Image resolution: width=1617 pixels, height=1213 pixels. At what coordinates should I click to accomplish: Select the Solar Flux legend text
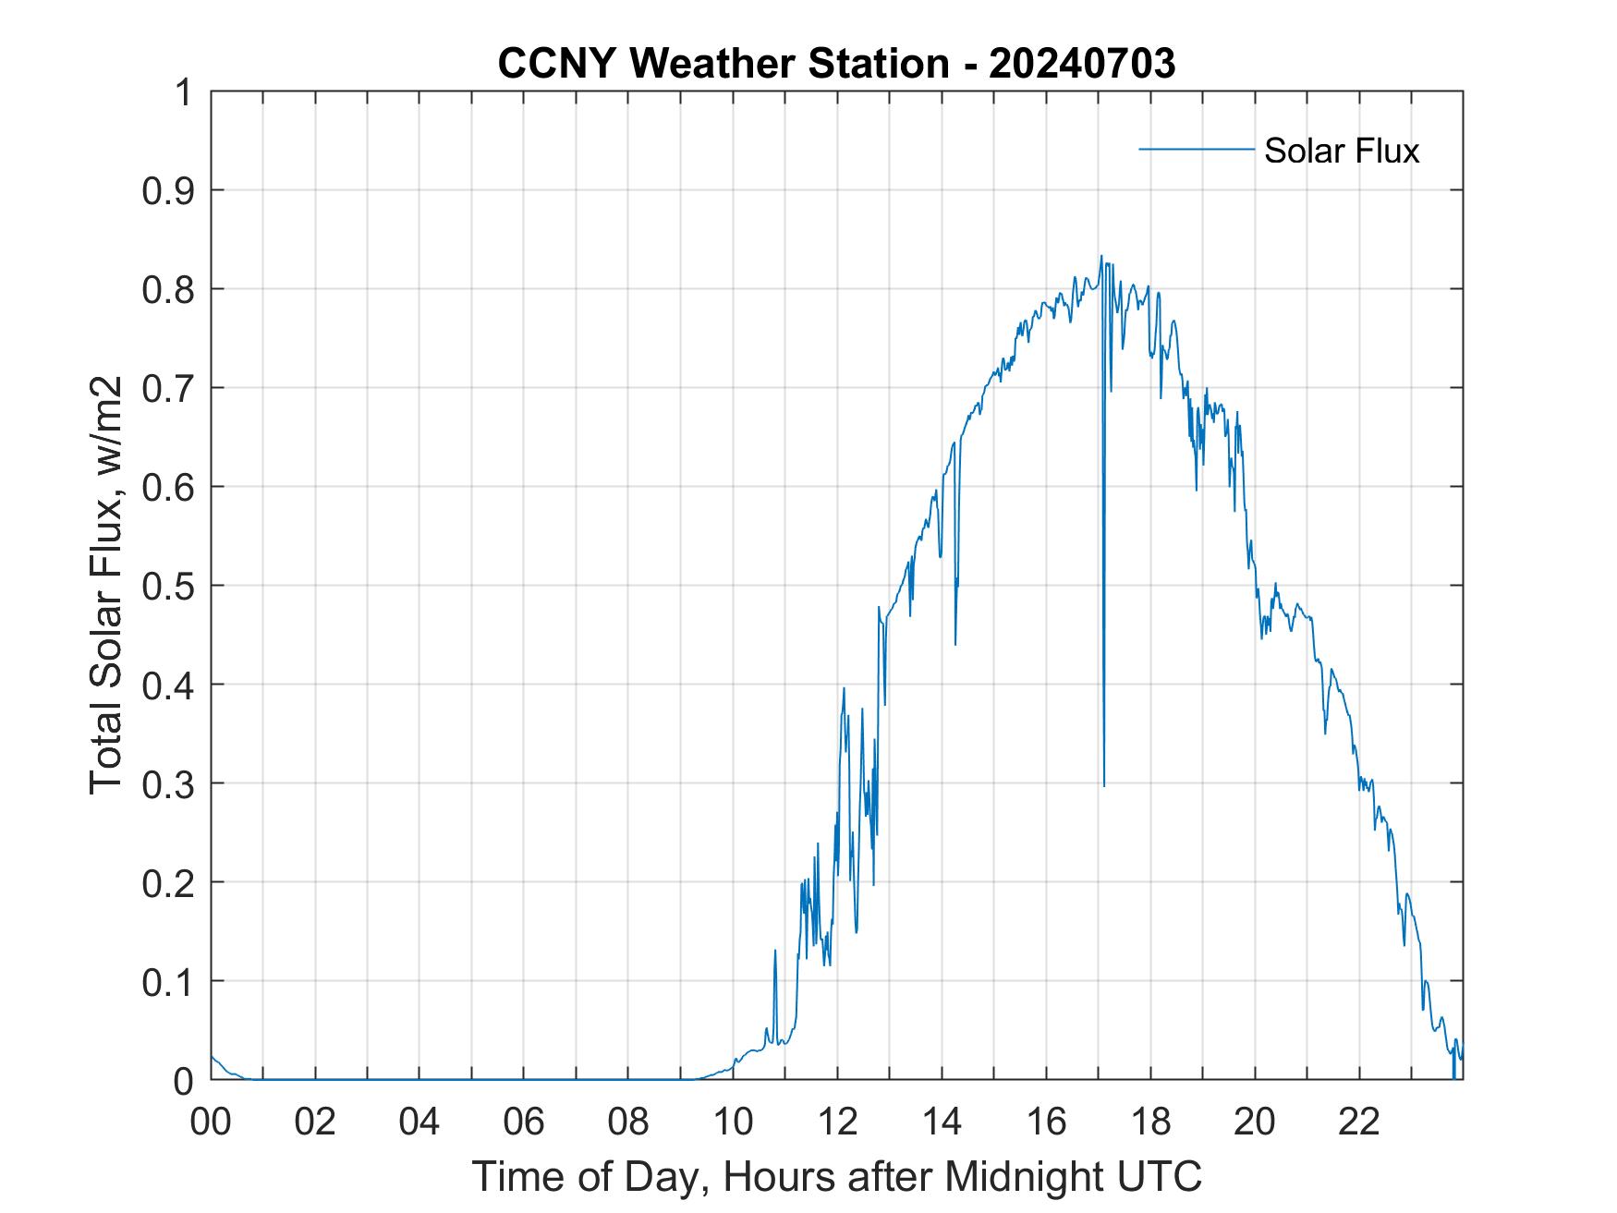(x=1341, y=151)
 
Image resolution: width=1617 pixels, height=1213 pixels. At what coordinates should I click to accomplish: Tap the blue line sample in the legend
(x=1196, y=149)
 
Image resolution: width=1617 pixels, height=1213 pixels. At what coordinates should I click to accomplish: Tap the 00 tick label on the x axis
(x=211, y=1122)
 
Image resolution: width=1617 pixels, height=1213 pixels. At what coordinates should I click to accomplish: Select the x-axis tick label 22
(x=1359, y=1122)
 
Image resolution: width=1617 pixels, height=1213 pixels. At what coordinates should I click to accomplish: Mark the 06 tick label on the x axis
(x=524, y=1122)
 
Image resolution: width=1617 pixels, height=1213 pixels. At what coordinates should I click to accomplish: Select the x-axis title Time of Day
(x=837, y=1176)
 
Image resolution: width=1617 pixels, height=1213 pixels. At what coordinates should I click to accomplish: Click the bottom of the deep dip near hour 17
(x=1104, y=785)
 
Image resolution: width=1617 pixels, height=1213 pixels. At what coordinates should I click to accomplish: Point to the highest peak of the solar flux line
(x=1101, y=257)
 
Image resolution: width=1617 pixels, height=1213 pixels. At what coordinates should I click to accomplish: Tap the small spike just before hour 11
(x=775, y=951)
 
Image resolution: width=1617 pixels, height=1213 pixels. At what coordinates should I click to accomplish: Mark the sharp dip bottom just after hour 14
(x=955, y=644)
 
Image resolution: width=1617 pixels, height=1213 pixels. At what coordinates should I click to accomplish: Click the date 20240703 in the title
(x=1082, y=64)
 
